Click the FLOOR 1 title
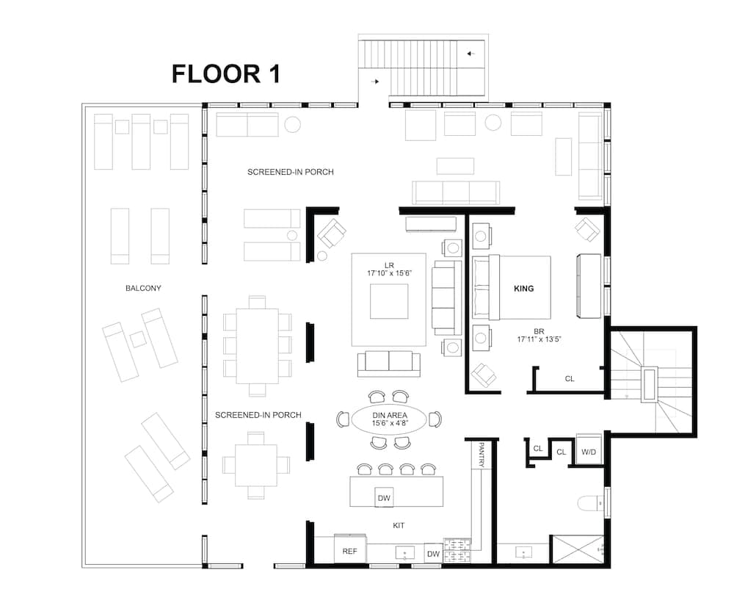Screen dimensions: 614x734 225,73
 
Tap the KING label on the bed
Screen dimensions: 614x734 523,289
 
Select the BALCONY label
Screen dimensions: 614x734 143,289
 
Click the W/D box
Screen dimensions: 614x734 589,452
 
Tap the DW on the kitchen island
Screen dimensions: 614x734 384,498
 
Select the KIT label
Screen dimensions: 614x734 399,526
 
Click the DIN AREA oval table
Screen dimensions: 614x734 389,419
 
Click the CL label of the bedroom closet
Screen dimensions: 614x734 570,379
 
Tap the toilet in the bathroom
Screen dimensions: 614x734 590,504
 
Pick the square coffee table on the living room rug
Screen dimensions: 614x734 389,301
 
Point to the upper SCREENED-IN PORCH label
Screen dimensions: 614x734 291,172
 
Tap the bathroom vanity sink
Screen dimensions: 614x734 523,551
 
